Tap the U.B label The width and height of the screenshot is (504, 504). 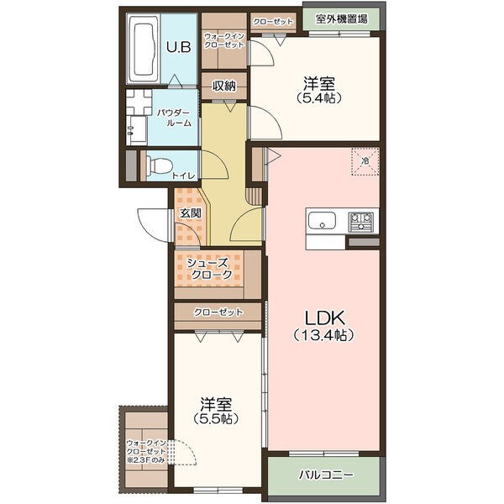[x=178, y=47]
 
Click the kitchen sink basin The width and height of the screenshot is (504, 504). [x=322, y=221]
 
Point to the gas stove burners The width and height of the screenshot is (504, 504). [x=361, y=221]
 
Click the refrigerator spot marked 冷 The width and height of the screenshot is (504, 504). [x=365, y=161]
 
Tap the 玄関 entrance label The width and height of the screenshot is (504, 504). [x=191, y=213]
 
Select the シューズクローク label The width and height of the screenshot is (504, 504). [x=211, y=269]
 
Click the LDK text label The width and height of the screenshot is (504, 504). [x=324, y=318]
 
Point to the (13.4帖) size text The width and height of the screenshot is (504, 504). [x=324, y=335]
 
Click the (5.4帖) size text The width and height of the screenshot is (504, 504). [x=319, y=97]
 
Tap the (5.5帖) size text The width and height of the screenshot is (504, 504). [x=216, y=418]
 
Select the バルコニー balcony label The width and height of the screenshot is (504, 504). [x=326, y=475]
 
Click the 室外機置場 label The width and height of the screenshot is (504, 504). [x=341, y=19]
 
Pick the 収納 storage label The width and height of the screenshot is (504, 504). [x=224, y=86]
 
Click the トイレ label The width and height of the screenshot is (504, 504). [x=183, y=176]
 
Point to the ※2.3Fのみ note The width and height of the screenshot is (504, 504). [x=145, y=460]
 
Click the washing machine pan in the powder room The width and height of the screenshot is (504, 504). [x=139, y=102]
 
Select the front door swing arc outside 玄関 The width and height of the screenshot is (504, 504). [x=152, y=224]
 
